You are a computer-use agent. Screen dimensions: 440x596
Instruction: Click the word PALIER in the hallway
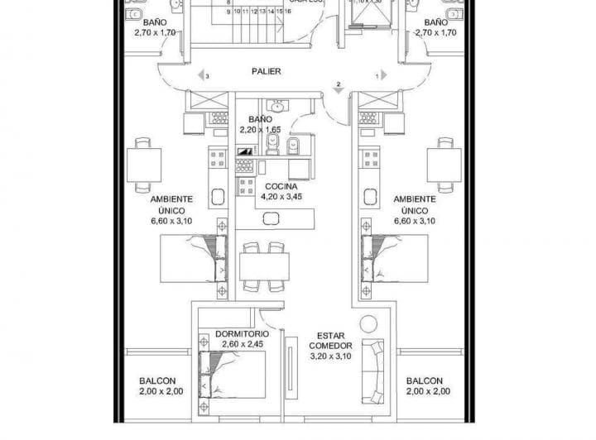click(267, 71)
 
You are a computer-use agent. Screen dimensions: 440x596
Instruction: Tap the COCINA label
click(276, 188)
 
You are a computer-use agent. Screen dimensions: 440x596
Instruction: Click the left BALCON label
click(156, 381)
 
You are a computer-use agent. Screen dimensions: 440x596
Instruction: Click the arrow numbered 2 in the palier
click(338, 86)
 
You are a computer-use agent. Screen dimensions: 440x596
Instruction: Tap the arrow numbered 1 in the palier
click(383, 76)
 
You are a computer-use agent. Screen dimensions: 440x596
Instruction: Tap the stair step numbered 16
click(289, 12)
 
